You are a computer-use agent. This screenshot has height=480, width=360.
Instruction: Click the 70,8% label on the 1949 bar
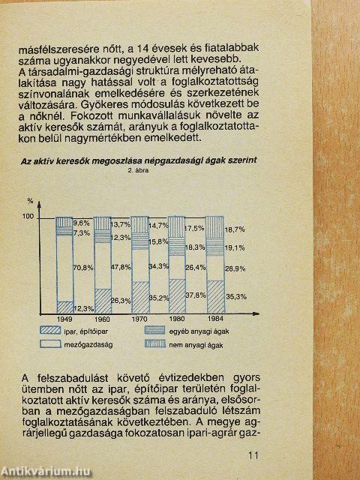(x=83, y=267)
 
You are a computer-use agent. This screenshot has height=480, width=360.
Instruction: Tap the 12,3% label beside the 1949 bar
(x=83, y=307)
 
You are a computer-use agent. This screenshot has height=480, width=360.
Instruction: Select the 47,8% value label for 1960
(x=120, y=267)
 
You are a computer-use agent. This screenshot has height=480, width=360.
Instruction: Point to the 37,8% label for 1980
(x=194, y=295)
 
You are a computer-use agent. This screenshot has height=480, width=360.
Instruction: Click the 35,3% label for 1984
(x=236, y=297)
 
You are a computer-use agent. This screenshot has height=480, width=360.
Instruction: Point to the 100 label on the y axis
(x=29, y=217)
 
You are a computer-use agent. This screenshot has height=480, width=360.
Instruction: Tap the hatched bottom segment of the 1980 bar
(x=176, y=297)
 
